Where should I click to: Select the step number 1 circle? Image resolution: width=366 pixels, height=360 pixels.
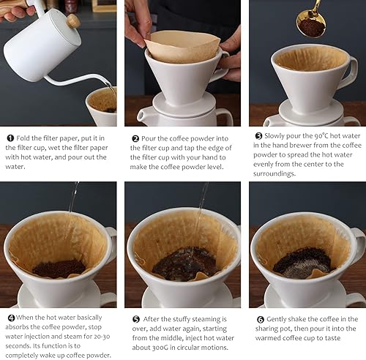10,138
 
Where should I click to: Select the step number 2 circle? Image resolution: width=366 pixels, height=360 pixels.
135,138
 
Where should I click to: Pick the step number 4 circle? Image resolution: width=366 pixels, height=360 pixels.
10,319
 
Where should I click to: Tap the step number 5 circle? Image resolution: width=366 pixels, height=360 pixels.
135,319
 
